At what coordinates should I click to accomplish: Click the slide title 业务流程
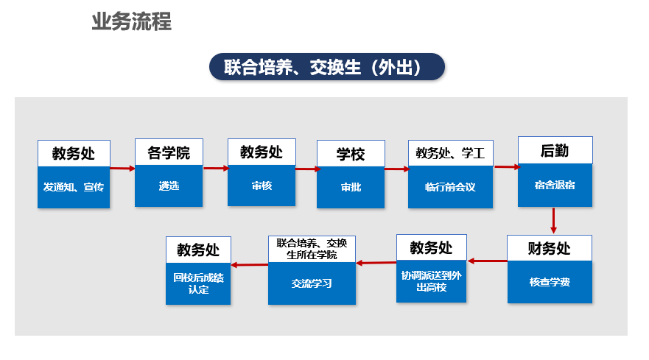click(x=131, y=21)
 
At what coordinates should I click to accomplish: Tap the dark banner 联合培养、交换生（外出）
click(x=327, y=66)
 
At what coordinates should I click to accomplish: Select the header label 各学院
click(x=169, y=152)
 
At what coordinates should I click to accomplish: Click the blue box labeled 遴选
click(x=169, y=186)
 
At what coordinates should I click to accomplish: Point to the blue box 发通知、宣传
click(x=74, y=187)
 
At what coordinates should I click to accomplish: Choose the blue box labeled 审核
click(x=262, y=186)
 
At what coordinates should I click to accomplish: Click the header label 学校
click(x=351, y=154)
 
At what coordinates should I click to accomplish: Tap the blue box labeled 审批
click(x=351, y=188)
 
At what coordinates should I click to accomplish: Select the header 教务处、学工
click(x=451, y=153)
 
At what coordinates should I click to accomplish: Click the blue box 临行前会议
click(x=450, y=187)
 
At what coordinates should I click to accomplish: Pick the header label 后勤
click(x=555, y=150)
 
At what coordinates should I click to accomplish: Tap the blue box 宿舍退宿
click(x=555, y=185)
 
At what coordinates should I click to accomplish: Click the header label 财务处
click(x=550, y=248)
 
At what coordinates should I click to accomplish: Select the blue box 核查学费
click(x=550, y=282)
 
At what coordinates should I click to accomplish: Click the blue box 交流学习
click(x=312, y=283)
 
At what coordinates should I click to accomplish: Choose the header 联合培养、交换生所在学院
click(x=312, y=249)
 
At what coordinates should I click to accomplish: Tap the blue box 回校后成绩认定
click(x=198, y=283)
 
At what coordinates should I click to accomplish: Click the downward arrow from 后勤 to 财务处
click(x=553, y=221)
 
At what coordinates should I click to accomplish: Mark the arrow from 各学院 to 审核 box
click(x=216, y=168)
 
